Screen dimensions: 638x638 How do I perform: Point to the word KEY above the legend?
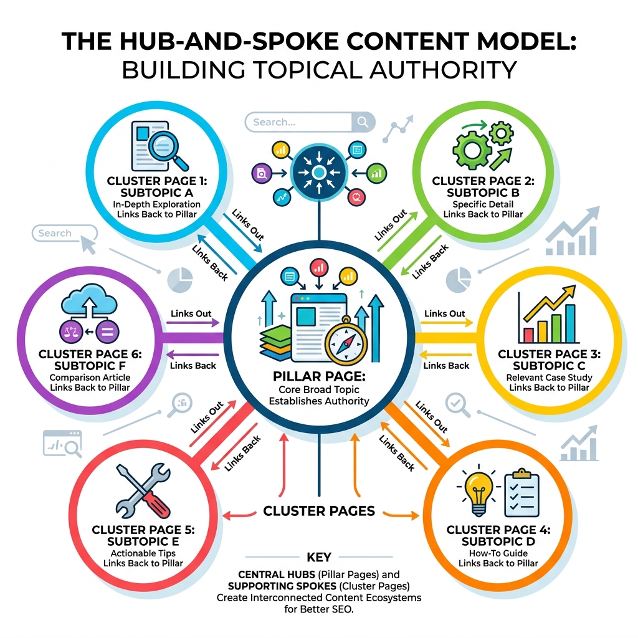(319, 557)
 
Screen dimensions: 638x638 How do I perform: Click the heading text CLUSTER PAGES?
(319, 512)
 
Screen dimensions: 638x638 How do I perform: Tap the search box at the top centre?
(310, 122)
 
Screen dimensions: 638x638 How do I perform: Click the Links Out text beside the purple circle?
(191, 313)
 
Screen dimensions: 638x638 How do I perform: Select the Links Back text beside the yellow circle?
(446, 366)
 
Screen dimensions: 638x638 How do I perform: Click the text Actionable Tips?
(143, 553)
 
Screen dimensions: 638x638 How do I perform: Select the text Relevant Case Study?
(549, 378)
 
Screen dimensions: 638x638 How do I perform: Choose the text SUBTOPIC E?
(143, 541)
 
